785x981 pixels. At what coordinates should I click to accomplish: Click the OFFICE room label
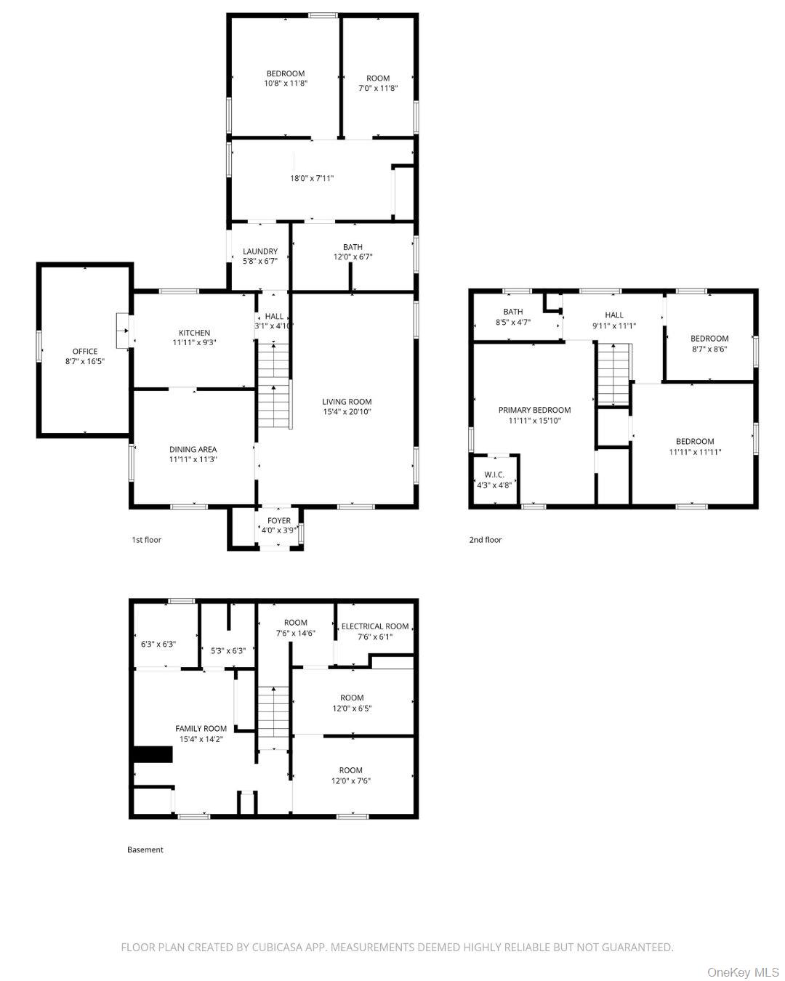pos(84,352)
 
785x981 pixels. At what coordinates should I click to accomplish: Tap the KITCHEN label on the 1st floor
pos(194,333)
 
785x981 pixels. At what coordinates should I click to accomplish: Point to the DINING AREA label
pos(193,449)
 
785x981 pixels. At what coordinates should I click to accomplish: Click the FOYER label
pos(279,520)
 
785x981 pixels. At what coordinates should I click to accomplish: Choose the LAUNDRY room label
pos(259,251)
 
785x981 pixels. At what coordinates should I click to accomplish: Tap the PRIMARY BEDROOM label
pos(534,410)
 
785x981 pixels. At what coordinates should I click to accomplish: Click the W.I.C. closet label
pos(494,475)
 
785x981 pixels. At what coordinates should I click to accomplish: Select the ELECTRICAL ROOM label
pos(375,626)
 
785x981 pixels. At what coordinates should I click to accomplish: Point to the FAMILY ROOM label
pos(201,728)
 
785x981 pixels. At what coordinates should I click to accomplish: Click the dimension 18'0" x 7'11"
pos(311,178)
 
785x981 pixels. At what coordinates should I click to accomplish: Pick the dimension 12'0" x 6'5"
pos(352,708)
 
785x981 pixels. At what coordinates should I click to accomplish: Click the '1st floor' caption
pos(146,540)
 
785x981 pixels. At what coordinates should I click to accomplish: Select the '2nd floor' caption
pos(485,540)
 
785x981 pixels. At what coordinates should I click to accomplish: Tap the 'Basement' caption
pos(145,849)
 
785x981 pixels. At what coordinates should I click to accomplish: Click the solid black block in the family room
pos(153,755)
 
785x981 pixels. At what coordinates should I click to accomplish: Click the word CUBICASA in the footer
pos(278,947)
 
